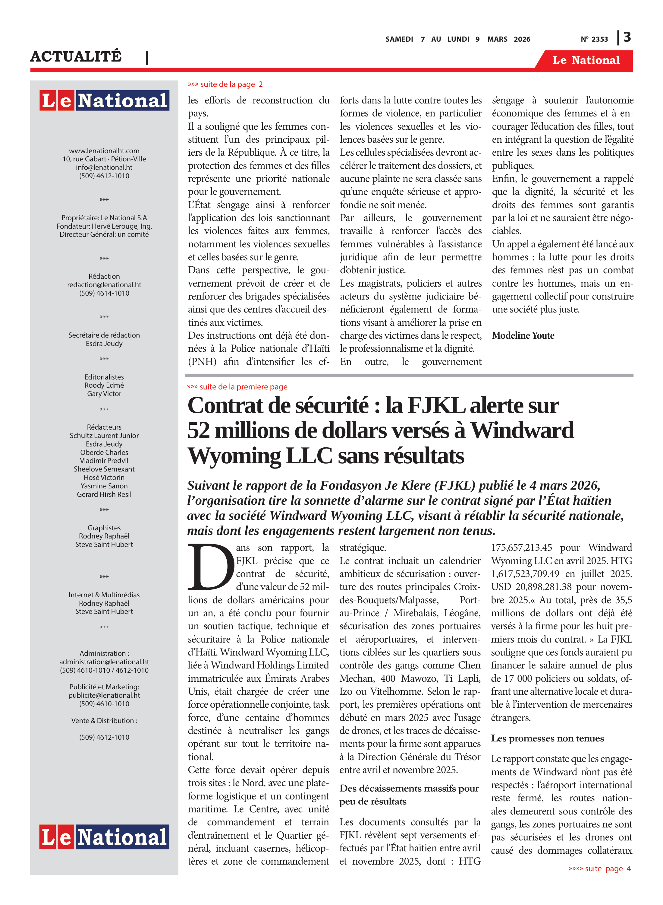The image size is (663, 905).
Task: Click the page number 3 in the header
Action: coord(627,37)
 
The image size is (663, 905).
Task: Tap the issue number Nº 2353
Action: coord(594,39)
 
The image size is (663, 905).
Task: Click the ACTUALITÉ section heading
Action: coord(76,56)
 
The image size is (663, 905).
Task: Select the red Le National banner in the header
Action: coord(586,60)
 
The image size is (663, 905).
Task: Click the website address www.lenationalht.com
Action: coord(104,151)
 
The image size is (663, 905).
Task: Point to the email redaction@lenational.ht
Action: coord(104,284)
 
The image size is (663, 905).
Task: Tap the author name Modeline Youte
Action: coord(523,335)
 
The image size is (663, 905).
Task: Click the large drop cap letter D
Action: coord(211,567)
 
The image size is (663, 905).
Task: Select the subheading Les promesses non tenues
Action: coord(547,738)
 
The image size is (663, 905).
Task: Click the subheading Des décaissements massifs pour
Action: coord(409,788)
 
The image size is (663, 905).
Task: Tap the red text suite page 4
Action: coord(600,868)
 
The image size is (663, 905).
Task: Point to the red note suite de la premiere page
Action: coord(237,387)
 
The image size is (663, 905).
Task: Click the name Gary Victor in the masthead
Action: coord(104,394)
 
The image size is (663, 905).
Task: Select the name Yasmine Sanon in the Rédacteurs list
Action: coord(104,486)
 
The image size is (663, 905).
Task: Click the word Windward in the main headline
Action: coord(522,430)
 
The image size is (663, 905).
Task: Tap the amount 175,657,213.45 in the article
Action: coord(521,548)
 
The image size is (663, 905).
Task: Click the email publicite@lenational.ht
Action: coord(104,695)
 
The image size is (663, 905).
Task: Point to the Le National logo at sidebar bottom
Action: coord(104,837)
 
